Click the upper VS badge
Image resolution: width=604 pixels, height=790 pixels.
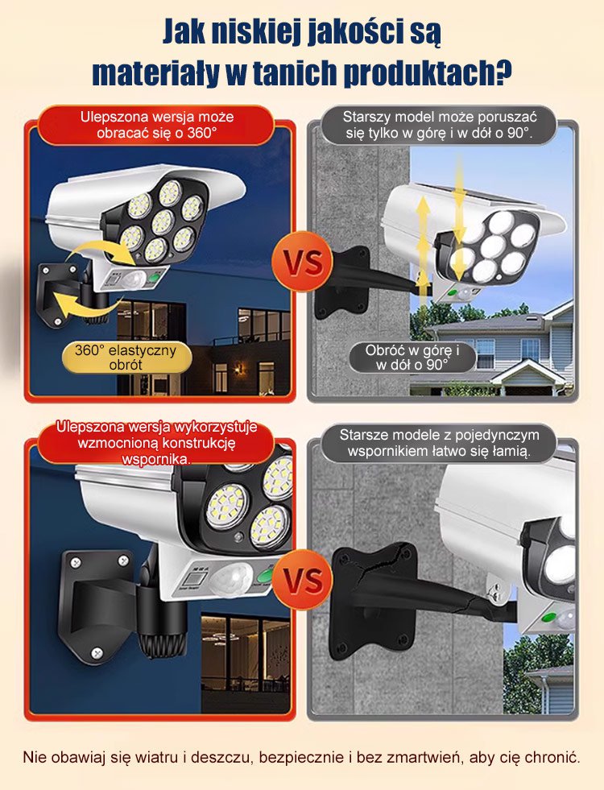(x=303, y=262)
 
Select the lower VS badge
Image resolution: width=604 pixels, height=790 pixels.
(x=302, y=579)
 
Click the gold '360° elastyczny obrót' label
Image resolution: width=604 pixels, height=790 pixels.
(x=126, y=358)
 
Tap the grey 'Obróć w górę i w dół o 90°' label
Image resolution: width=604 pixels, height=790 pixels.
(x=412, y=358)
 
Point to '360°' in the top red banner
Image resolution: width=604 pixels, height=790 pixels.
(x=202, y=134)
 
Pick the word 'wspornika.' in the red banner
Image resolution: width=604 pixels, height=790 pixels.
(x=157, y=460)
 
